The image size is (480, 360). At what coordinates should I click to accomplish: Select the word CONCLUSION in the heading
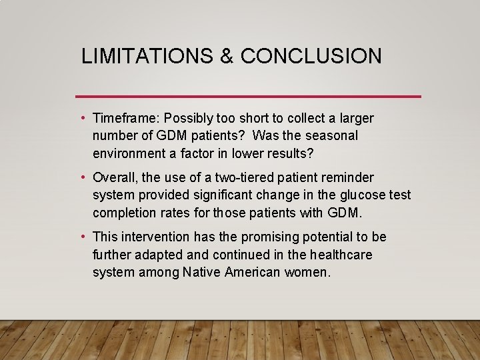pos(311,56)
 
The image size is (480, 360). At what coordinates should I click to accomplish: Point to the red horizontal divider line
pos(248,97)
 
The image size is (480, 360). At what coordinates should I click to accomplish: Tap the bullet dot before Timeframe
pos(83,119)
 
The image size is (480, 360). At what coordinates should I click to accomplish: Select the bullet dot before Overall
pos(83,178)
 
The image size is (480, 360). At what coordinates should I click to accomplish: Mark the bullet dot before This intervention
pos(83,237)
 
